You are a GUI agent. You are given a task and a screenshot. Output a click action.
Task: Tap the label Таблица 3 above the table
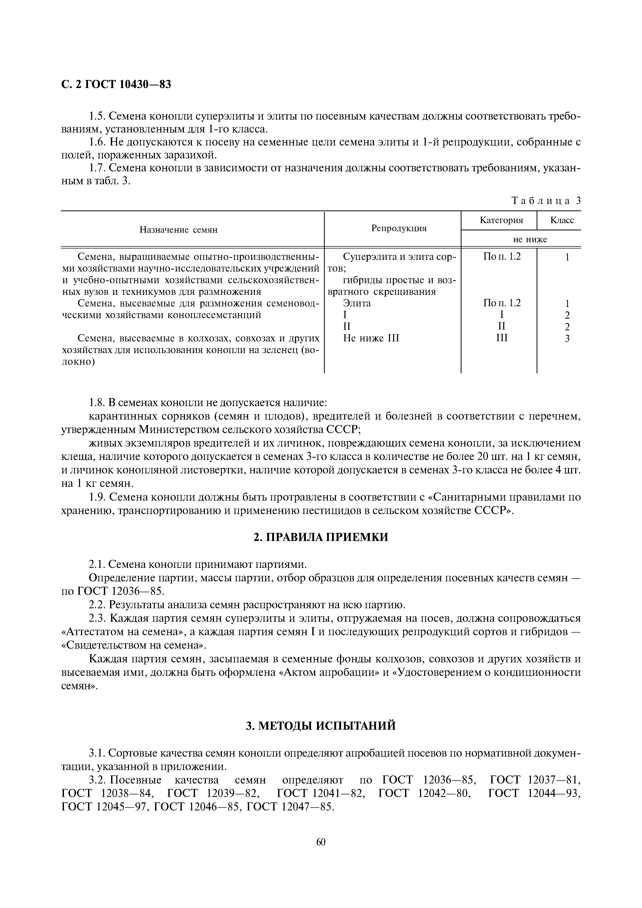546,201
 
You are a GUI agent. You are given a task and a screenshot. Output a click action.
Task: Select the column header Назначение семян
178,230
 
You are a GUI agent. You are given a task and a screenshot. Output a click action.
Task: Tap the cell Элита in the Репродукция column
357,303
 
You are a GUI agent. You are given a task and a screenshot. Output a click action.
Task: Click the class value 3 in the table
567,339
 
